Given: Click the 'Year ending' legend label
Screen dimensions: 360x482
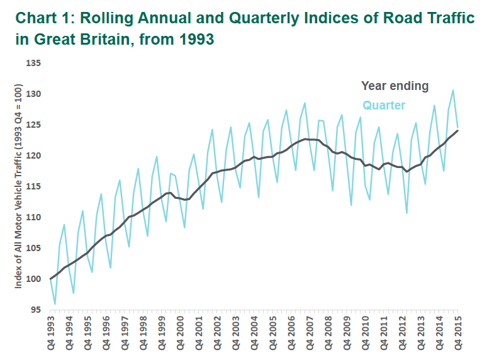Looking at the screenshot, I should click(395, 86).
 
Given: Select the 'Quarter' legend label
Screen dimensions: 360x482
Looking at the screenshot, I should click(384, 105).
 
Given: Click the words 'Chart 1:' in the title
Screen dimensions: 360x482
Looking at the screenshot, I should click(41, 18).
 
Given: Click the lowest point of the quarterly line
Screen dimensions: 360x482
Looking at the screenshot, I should click(55, 304).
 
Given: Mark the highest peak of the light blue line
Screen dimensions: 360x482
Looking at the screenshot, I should click(452, 90).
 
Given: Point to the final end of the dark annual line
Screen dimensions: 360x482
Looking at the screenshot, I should click(457, 130).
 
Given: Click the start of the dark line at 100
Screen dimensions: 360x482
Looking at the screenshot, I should click(51, 279).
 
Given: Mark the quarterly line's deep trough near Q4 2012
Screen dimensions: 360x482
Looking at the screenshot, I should click(406, 213).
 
